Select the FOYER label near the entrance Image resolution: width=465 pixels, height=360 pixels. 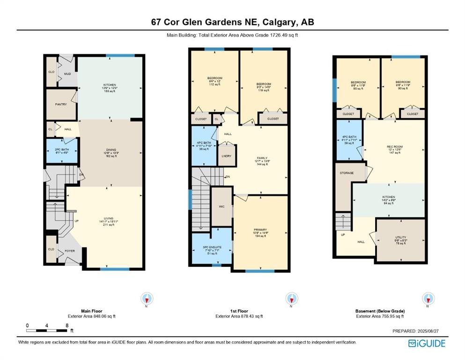click(x=70, y=250)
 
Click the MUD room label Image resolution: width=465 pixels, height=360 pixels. click(x=67, y=74)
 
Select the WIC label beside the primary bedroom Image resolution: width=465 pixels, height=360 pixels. click(x=222, y=205)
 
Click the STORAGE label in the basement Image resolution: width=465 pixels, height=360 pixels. click(x=347, y=173)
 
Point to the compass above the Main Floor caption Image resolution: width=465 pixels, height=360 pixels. click(x=148, y=298)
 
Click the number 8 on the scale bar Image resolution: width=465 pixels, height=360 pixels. click(x=67, y=325)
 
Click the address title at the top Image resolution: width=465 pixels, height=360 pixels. click(x=232, y=22)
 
